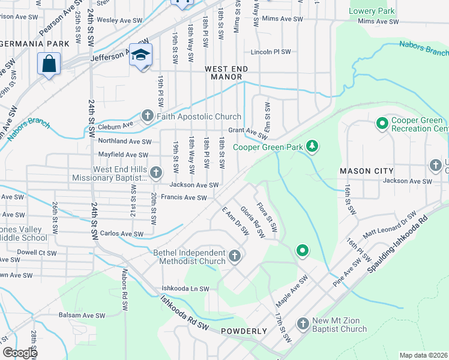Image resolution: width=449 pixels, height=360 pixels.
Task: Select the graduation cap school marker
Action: [x=141, y=55]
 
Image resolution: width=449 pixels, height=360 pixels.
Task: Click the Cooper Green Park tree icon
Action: [x=312, y=146]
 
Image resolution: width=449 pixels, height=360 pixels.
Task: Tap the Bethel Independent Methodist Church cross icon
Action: [x=235, y=256]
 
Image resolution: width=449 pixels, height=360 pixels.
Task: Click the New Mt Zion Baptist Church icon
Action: [x=303, y=324]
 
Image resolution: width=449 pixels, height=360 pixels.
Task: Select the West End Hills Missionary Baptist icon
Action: [x=155, y=173]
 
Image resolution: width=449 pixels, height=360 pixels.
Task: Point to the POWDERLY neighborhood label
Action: [x=244, y=331]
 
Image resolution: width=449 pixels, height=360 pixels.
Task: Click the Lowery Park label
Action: [x=372, y=11]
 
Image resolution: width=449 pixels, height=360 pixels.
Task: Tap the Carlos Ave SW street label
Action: [x=122, y=233]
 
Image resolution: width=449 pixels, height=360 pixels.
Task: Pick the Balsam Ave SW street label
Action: [x=85, y=315]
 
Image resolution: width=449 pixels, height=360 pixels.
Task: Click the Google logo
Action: [x=19, y=353]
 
